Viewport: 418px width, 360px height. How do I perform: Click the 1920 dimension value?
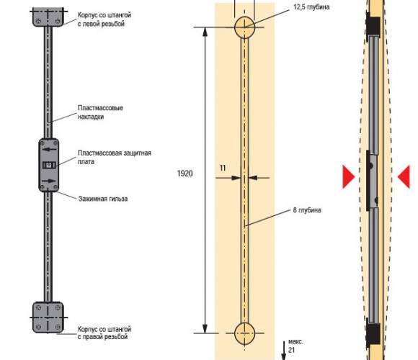[184, 174]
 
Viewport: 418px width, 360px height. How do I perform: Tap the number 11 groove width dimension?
[223, 168]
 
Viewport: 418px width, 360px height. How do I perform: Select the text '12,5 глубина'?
[311, 7]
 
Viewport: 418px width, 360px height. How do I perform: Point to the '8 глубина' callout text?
[307, 210]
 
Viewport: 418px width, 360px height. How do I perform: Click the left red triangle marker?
[348, 177]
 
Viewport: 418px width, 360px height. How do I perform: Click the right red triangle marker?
[404, 177]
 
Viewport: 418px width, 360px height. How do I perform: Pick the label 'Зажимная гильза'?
[103, 199]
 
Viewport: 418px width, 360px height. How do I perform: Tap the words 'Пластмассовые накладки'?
[100, 112]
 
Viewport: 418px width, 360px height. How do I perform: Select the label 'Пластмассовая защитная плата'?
[115, 157]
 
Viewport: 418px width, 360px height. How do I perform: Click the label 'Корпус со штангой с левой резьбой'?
[104, 19]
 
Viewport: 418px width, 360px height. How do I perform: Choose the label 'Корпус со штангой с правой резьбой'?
[104, 333]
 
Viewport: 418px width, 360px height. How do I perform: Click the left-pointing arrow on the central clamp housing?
[49, 149]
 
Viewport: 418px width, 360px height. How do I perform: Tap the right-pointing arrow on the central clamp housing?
[49, 181]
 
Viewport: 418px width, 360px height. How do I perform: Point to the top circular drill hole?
[245, 27]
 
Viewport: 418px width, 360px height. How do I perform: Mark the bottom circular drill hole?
[245, 333]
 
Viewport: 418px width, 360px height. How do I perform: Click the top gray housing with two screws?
[48, 17]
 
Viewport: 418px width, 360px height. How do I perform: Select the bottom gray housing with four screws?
[48, 317]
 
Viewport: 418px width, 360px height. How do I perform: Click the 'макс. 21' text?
[295, 346]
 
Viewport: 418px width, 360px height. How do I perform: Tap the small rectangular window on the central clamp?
[49, 165]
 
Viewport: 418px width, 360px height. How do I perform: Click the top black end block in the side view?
[373, 26]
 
